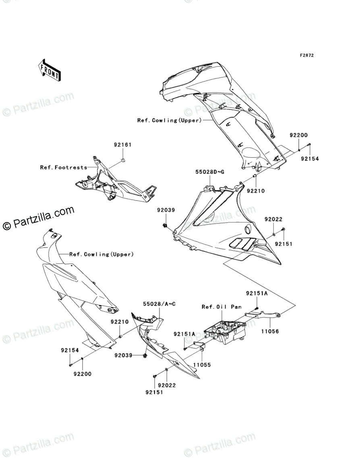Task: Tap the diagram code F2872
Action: coord(306,55)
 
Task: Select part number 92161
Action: coord(122,145)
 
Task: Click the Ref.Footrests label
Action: coord(64,167)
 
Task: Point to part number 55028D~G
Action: coord(210,172)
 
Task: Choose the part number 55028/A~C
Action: coord(159,304)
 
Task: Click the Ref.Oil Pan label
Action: coord(221,307)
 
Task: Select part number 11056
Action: coord(269,331)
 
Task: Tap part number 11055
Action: coord(202,365)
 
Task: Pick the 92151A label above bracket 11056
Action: coord(257,293)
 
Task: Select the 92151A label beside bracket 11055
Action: coord(184,334)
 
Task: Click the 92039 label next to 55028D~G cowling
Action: coord(166,210)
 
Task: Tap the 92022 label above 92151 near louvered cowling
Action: coord(273,219)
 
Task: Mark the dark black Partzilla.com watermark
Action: coord(38,218)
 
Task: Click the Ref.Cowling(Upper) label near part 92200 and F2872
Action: coord(169,120)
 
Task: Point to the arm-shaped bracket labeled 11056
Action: coord(263,315)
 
